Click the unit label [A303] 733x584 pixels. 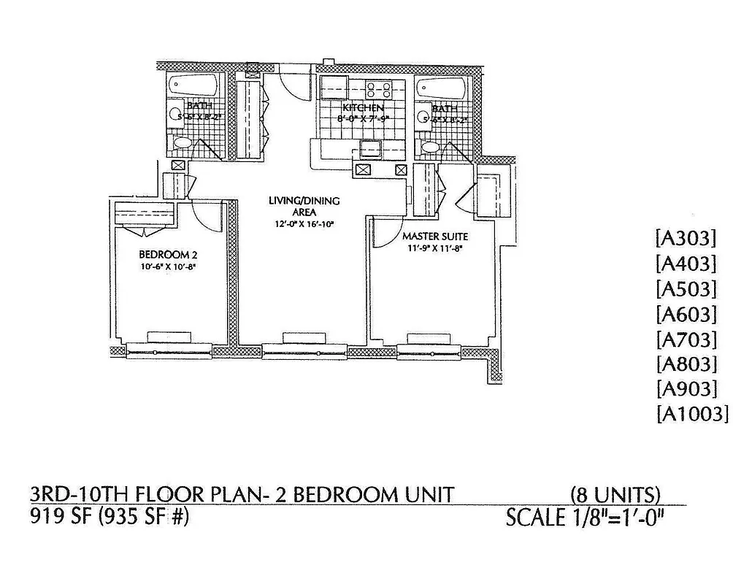(686, 239)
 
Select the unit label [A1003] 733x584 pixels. (692, 414)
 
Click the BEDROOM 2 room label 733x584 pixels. (169, 255)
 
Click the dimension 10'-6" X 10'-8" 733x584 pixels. (169, 267)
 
